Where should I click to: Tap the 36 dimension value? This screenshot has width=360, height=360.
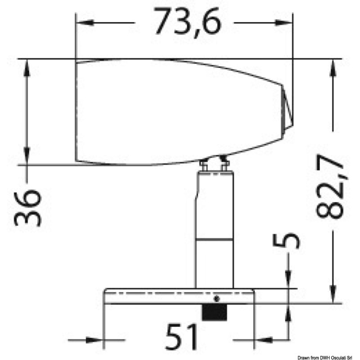pyautogui.click(x=28, y=208)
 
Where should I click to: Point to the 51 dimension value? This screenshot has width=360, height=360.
pyautogui.click(x=181, y=337)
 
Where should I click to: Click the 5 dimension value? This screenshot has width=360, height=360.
pyautogui.click(x=286, y=241)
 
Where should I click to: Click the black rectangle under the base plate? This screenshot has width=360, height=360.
pyautogui.click(x=214, y=312)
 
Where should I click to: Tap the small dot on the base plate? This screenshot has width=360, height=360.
pyautogui.click(x=217, y=299)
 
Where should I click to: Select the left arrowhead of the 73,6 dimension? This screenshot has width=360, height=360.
pyautogui.click(x=84, y=22)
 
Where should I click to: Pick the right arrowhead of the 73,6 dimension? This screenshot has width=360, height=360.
pyautogui.click(x=284, y=22)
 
